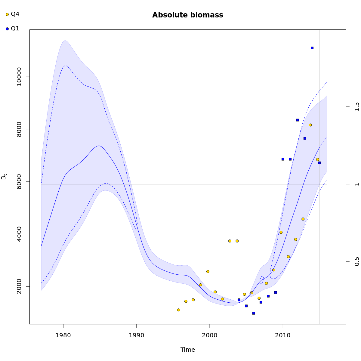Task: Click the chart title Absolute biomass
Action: (x=187, y=15)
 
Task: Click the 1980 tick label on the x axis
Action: (x=63, y=335)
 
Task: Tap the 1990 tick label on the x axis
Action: (x=137, y=335)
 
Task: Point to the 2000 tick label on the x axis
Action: (x=210, y=335)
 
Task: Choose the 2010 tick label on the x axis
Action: (x=283, y=335)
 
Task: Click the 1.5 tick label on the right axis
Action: (x=357, y=107)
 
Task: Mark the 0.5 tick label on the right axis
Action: (x=357, y=261)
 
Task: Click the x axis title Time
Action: (x=187, y=350)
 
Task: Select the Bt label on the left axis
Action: (x=4, y=177)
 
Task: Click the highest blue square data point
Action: (x=312, y=48)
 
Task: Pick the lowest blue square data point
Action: (x=254, y=313)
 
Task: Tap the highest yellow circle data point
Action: (x=310, y=125)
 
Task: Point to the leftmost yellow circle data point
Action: (x=178, y=310)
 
